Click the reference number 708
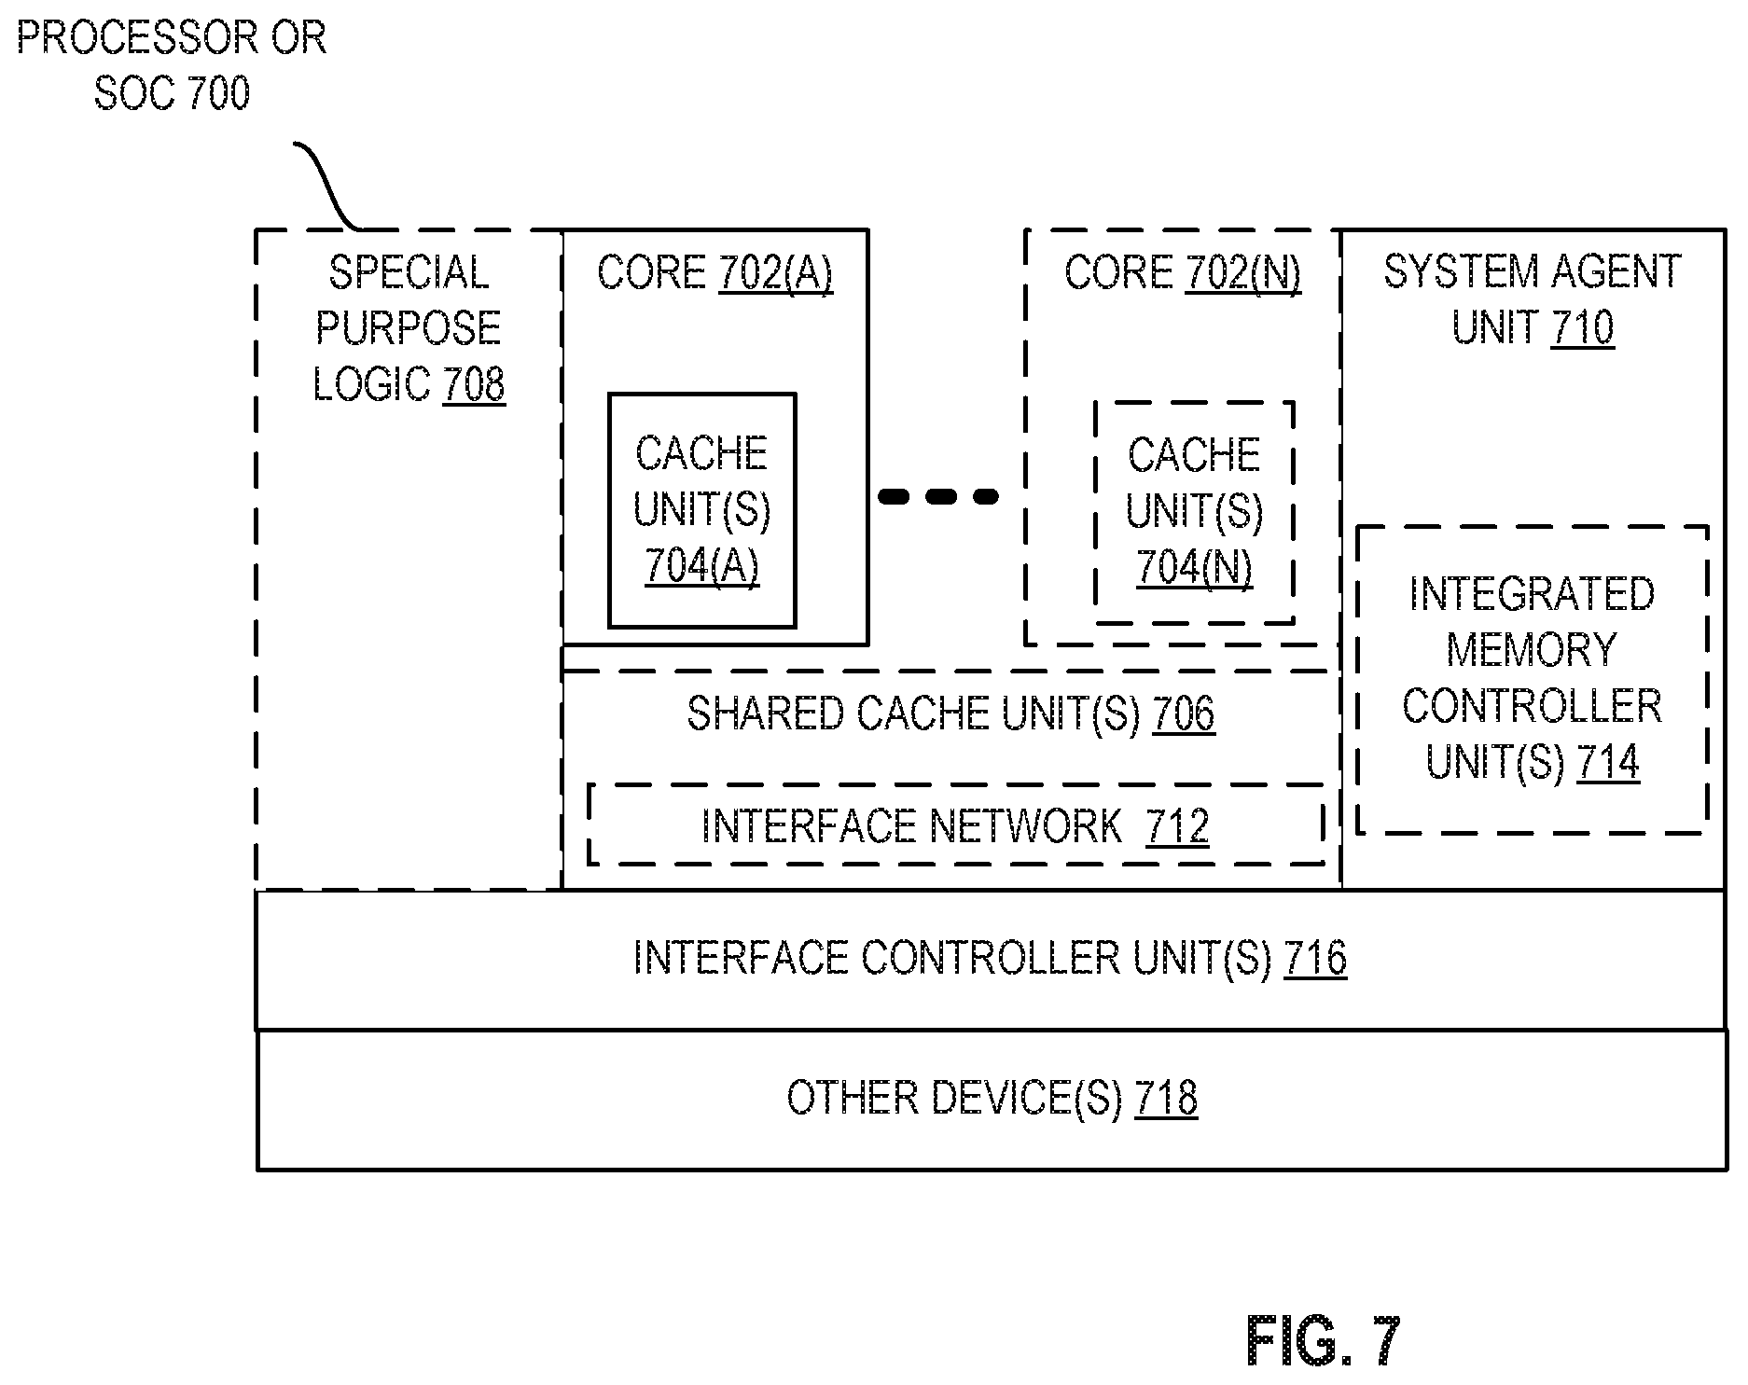[x=474, y=384]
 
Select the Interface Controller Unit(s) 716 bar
[x=991, y=960]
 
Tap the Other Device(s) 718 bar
[x=991, y=1099]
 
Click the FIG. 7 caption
[x=1323, y=1341]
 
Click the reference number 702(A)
[x=775, y=272]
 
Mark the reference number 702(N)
[x=1242, y=272]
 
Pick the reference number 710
[x=1582, y=327]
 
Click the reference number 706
[x=1184, y=713]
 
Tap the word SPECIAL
[x=409, y=272]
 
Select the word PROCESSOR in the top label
[x=138, y=38]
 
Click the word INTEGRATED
[x=1532, y=594]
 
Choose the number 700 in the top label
[x=219, y=93]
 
